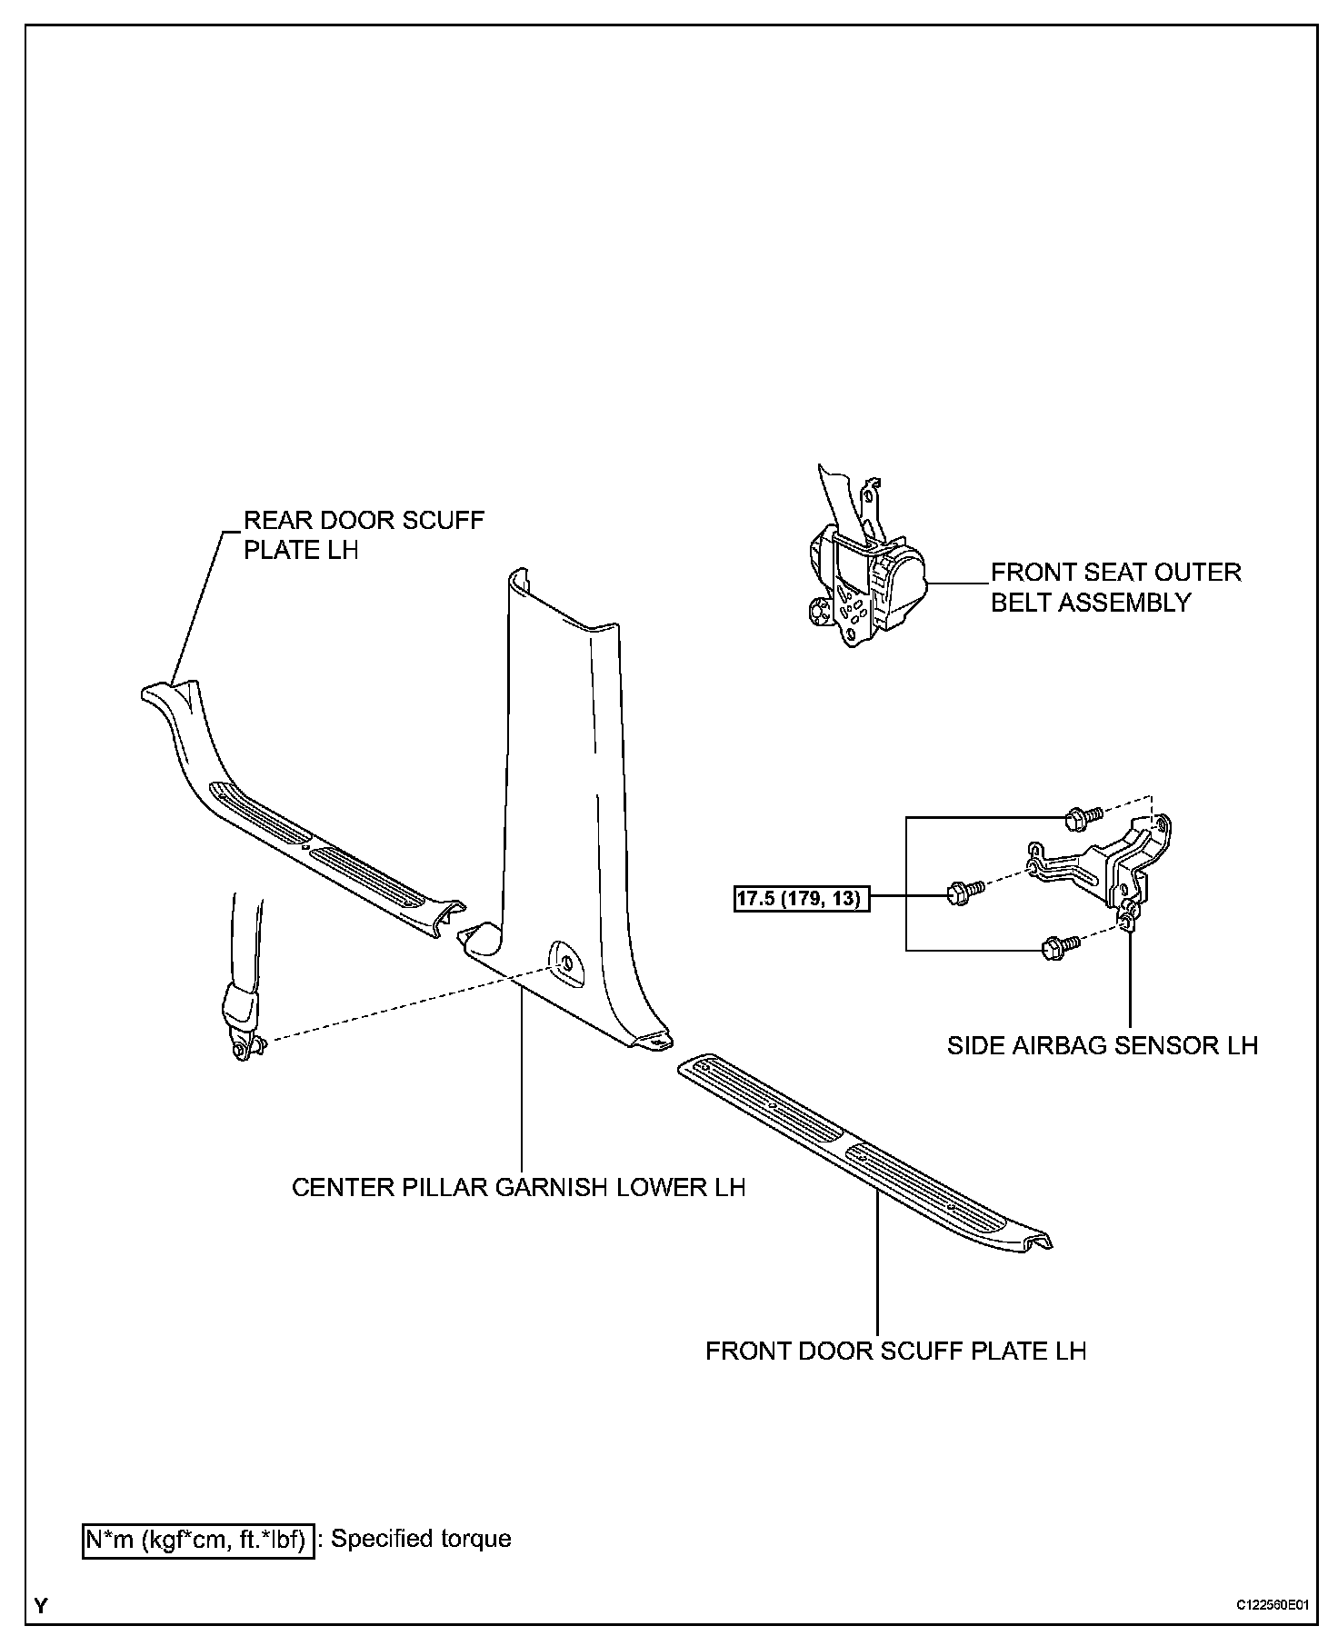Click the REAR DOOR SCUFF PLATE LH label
(x=364, y=534)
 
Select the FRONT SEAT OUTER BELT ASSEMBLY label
(x=1115, y=587)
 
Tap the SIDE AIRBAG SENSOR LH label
(x=1102, y=1044)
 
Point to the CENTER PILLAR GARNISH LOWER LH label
(x=518, y=1187)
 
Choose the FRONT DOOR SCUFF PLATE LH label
(x=895, y=1351)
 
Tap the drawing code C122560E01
(x=1272, y=1605)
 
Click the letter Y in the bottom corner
(x=41, y=1606)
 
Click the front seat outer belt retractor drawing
(x=864, y=582)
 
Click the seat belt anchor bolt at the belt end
(x=242, y=1049)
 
